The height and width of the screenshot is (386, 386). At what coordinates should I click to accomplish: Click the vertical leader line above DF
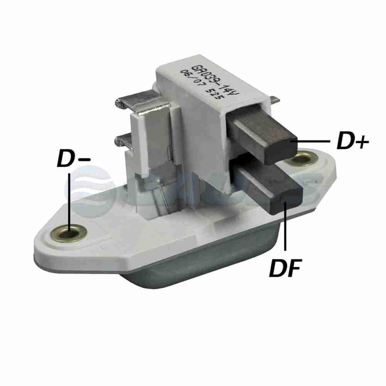coord(285,225)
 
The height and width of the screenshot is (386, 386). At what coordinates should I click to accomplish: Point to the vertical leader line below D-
coord(69,199)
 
